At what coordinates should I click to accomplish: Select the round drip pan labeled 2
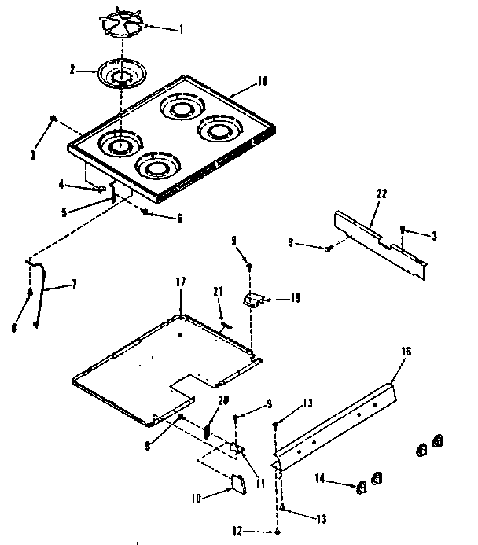pos(119,75)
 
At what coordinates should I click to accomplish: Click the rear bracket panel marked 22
pos(379,240)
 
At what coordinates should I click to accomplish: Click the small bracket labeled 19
pos(252,300)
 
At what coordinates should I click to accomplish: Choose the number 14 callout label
pos(319,477)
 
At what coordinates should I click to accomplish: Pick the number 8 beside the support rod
pos(14,328)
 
